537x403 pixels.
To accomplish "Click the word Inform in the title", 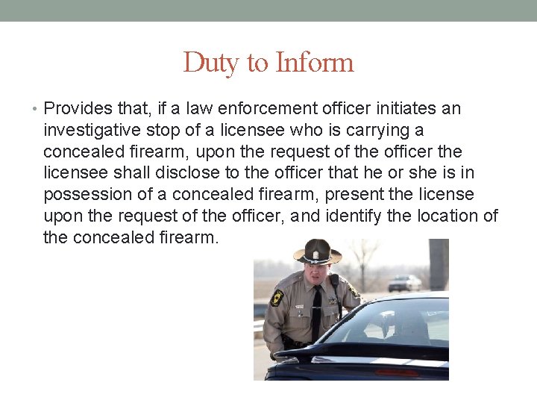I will point(314,63).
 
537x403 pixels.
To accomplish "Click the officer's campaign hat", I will point(318,252).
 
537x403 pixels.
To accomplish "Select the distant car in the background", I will point(404,284).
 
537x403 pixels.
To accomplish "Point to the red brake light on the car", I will point(396,372).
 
